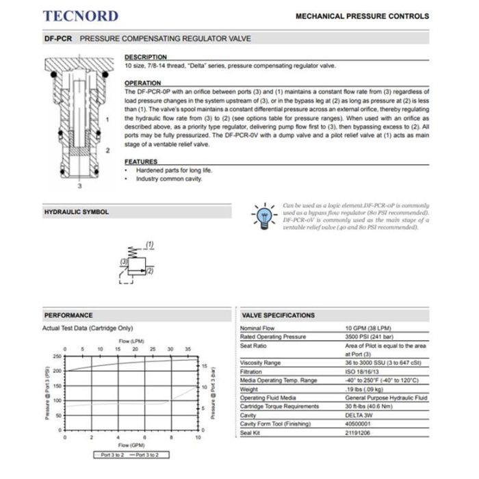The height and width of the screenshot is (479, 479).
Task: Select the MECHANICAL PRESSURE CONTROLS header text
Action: point(362,16)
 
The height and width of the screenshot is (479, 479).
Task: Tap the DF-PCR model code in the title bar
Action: point(58,40)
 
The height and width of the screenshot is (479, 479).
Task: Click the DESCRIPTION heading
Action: point(146,57)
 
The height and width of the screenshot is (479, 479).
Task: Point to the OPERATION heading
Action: point(143,83)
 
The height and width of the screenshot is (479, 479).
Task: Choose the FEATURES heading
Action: point(141,161)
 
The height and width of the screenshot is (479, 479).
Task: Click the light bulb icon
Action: point(263,215)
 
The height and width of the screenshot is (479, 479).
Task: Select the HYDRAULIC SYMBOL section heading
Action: point(77,212)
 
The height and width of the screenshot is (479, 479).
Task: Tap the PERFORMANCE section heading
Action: point(68,315)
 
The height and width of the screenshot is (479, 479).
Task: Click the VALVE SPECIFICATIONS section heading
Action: point(279,315)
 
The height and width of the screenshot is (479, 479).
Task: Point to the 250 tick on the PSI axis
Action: point(57,357)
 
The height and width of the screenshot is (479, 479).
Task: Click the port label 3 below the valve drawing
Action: point(79,185)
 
